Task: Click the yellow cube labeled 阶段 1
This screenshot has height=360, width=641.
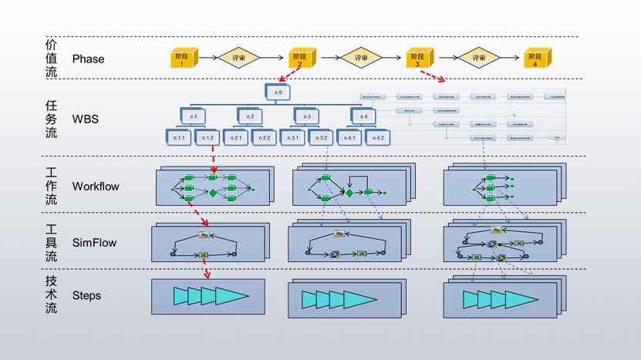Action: (x=183, y=58)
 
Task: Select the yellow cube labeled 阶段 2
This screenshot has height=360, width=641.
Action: (x=300, y=58)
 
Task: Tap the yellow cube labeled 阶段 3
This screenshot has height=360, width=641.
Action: (x=417, y=58)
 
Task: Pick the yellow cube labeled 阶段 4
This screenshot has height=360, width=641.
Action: (x=534, y=58)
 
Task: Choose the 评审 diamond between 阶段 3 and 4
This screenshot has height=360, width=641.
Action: (x=478, y=58)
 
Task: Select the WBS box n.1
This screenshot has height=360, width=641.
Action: (x=193, y=116)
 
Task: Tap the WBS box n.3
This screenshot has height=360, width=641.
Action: (x=306, y=116)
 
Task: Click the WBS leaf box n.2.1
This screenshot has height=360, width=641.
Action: (x=236, y=137)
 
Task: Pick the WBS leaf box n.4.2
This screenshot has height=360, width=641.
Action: (x=376, y=137)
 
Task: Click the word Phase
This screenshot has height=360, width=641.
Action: (x=88, y=59)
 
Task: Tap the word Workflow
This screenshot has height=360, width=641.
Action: (x=96, y=186)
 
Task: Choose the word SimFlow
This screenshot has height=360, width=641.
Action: (x=94, y=243)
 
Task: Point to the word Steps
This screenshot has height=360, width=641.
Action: (x=86, y=295)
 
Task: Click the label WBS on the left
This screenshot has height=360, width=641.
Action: (x=85, y=119)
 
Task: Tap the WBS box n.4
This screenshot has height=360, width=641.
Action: (x=363, y=116)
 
